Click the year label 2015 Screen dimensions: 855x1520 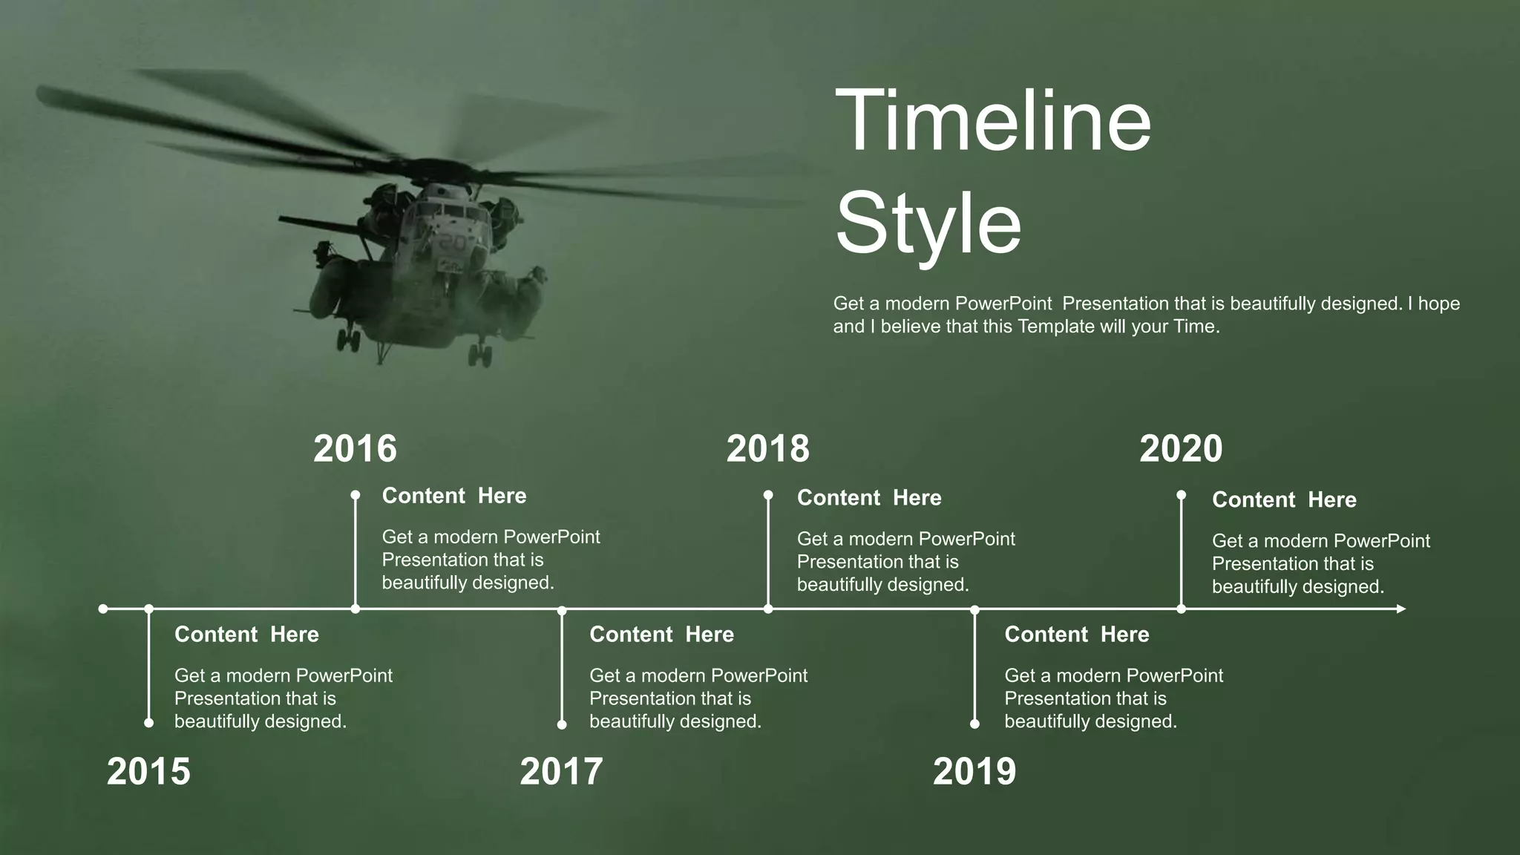[148, 772]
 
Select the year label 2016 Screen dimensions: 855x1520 [355, 449]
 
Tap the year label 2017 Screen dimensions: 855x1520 [561, 772]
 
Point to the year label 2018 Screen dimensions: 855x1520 [767, 449]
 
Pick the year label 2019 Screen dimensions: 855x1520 [974, 772]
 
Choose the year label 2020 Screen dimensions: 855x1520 [1180, 449]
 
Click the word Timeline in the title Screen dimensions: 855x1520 [992, 120]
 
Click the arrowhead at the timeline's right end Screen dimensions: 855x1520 [1401, 609]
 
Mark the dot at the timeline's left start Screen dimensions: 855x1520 [103, 609]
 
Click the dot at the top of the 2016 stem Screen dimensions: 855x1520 [356, 495]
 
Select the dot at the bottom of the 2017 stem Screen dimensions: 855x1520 [562, 724]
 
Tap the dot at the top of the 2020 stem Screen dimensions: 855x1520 [1181, 495]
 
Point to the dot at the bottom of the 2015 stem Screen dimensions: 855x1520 [149, 723]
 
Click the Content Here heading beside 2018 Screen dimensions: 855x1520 [869, 498]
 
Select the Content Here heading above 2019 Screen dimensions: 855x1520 [1076, 635]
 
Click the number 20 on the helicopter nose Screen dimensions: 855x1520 [451, 243]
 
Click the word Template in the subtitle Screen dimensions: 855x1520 [1055, 327]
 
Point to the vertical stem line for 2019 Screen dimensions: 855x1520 [974, 668]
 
